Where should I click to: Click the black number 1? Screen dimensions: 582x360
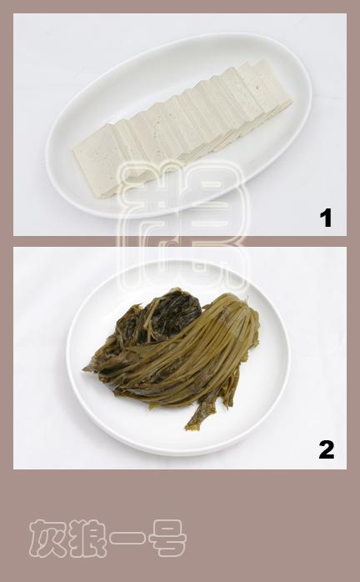(x=326, y=218)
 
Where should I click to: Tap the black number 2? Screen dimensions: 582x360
(x=326, y=450)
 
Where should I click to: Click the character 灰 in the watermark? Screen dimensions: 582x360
(x=47, y=538)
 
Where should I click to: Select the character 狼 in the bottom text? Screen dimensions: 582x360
(x=87, y=538)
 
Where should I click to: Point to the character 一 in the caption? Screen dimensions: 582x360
(x=127, y=539)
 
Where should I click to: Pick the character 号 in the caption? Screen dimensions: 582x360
(x=167, y=538)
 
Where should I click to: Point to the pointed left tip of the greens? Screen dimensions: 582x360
(x=87, y=368)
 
